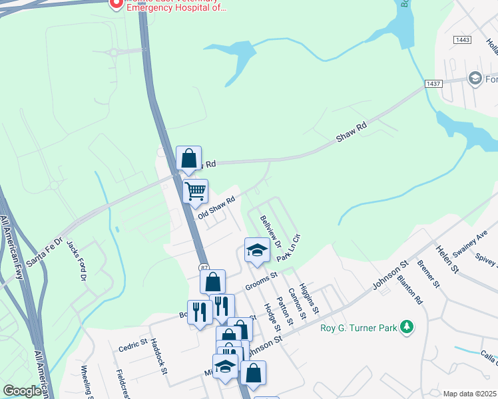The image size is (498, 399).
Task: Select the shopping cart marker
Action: click(195, 192)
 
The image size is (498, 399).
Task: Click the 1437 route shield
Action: click(434, 83)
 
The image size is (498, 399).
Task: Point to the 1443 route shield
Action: click(462, 41)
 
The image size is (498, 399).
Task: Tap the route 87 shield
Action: click(204, 267)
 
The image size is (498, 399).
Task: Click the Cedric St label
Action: click(132, 344)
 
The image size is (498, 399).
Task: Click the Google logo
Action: click(23, 391)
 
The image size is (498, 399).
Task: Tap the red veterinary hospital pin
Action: click(116, 4)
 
